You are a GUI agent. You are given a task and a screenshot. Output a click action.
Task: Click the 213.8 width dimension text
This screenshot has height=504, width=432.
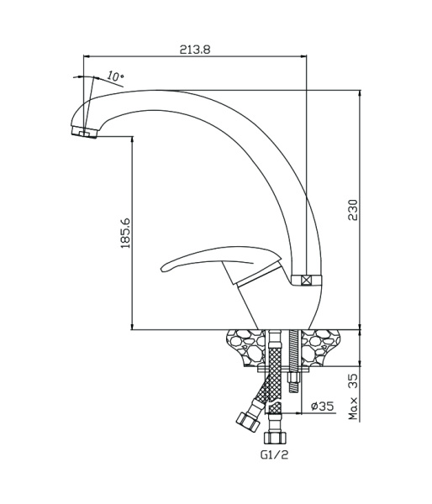coord(195,50)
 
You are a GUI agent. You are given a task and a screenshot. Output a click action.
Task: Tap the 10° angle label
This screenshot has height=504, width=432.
coord(115,76)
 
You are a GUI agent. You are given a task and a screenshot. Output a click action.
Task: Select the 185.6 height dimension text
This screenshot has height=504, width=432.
coord(125,233)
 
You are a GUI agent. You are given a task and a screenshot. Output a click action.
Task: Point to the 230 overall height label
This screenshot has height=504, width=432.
coord(353,210)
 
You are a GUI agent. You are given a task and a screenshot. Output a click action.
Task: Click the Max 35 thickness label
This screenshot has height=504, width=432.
coord(353,396)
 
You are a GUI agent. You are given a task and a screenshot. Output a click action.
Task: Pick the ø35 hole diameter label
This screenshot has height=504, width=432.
coord(322,406)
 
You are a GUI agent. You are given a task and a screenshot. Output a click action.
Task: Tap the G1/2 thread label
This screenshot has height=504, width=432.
coord(274,454)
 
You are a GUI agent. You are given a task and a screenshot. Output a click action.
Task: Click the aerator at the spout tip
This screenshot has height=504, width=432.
coord(84,132)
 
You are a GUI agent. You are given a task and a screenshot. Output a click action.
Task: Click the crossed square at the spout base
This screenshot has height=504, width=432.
coord(307,281)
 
